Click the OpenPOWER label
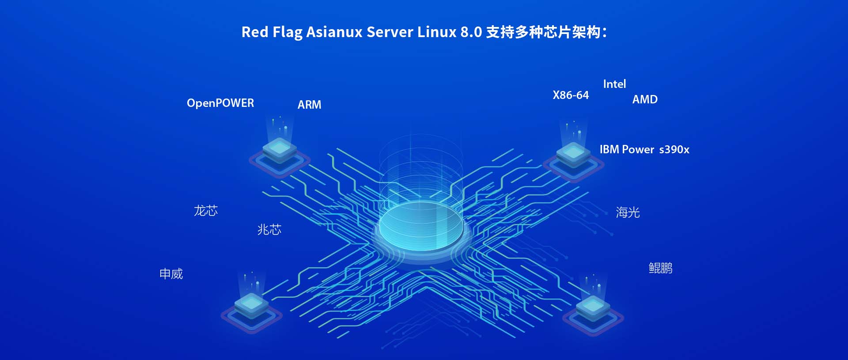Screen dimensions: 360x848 pos(220,103)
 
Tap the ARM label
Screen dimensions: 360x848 pos(309,105)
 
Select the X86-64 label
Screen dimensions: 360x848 pos(571,95)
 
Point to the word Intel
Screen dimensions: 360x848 pos(614,84)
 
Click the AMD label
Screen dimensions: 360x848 pos(645,99)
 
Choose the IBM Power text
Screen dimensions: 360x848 pos(626,149)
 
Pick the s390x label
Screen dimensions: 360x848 pos(674,149)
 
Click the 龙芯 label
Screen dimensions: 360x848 pos(206,211)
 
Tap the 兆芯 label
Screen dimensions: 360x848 pos(269,230)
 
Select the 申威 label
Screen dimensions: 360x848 pos(171,274)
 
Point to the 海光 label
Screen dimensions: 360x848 pos(628,212)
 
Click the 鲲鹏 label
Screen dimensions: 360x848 pos(660,268)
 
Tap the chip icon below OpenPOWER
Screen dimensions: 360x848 pos(279,152)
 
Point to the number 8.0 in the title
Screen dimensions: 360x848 pos(471,32)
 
